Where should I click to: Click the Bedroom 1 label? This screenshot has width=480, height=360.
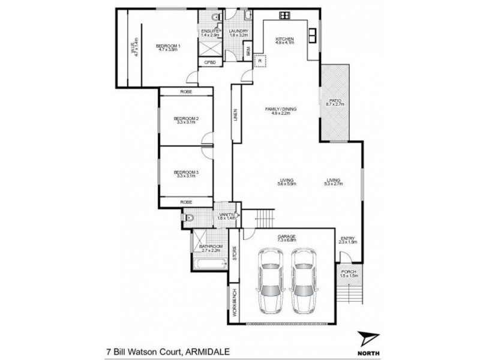coord(168,47)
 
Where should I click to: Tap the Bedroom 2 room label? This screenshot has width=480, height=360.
coord(186,119)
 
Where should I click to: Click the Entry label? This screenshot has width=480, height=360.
coord(348,239)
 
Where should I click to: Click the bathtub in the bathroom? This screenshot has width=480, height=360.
coord(209,261)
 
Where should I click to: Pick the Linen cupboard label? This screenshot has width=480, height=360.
coord(236,114)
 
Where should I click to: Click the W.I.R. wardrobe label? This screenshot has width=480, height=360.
coord(136,47)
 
